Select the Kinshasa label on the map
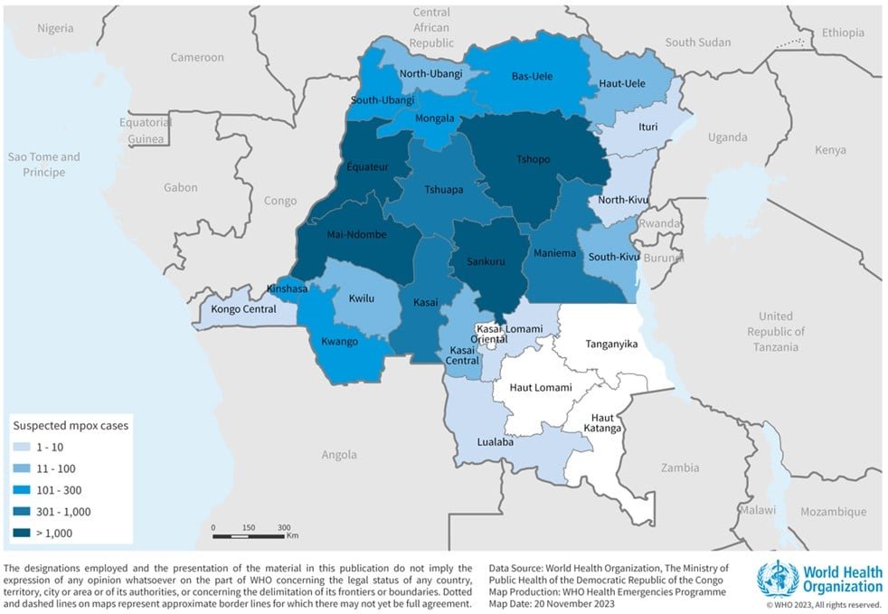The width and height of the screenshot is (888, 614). point(288,289)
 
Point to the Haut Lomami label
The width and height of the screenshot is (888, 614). point(541,387)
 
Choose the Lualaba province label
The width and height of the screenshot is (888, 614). point(496,442)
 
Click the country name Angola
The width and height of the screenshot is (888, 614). point(339,455)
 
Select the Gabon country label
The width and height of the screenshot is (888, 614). point(181,188)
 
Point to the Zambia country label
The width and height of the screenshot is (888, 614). point(679,468)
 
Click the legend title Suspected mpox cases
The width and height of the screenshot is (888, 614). point(69,425)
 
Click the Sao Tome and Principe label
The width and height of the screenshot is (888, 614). point(43,164)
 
